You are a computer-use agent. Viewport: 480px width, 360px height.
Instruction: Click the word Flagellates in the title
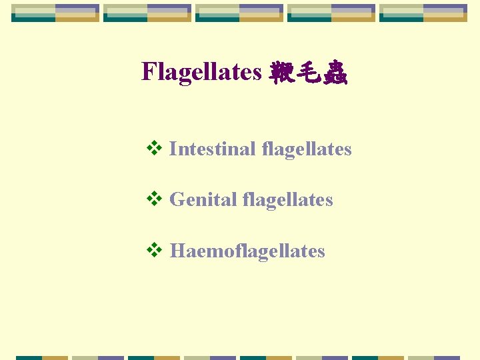pos(201,71)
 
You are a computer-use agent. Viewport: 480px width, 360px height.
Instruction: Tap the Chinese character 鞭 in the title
pos(281,72)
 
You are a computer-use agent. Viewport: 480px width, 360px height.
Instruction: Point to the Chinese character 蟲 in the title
pos(334,72)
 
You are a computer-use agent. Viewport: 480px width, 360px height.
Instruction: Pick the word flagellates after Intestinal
pos(307,149)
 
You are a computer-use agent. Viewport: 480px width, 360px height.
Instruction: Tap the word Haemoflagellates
pos(247,251)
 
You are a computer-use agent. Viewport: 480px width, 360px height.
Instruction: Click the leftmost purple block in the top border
pos(76,9)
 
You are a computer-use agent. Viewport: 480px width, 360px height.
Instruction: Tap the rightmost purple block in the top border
pos(444,9)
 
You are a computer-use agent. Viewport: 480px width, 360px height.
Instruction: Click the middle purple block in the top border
pos(260,9)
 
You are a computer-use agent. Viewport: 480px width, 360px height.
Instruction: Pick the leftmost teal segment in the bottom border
pos(29,358)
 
